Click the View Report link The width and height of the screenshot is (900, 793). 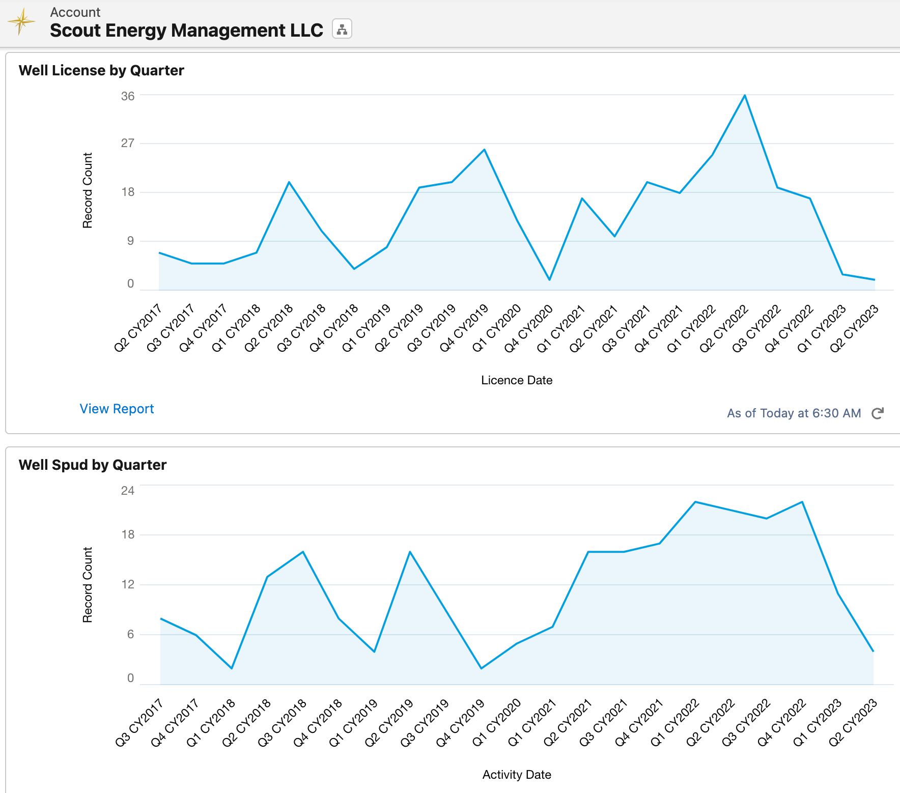[117, 409]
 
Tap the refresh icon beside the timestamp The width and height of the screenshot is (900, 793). [877, 413]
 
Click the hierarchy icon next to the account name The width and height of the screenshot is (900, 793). [342, 29]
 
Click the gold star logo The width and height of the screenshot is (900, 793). [21, 22]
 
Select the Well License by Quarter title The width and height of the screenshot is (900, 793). [101, 70]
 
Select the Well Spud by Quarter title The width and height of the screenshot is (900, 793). [93, 465]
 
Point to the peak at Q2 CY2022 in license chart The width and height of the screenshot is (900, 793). [745, 95]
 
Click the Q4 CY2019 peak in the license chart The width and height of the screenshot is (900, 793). [485, 150]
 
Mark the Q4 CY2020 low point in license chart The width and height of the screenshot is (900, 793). [549, 279]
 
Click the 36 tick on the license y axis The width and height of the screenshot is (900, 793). [128, 96]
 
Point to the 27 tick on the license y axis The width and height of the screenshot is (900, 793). [128, 143]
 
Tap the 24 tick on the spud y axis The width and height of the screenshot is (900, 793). [128, 491]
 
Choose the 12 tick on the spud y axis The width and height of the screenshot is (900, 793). [128, 584]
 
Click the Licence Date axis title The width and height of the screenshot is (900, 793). [517, 380]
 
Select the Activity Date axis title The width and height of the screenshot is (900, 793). [517, 775]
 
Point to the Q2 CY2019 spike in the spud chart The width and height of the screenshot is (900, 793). [410, 552]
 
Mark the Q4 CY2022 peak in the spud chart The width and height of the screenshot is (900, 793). [802, 502]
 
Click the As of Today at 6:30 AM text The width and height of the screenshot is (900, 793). [794, 413]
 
